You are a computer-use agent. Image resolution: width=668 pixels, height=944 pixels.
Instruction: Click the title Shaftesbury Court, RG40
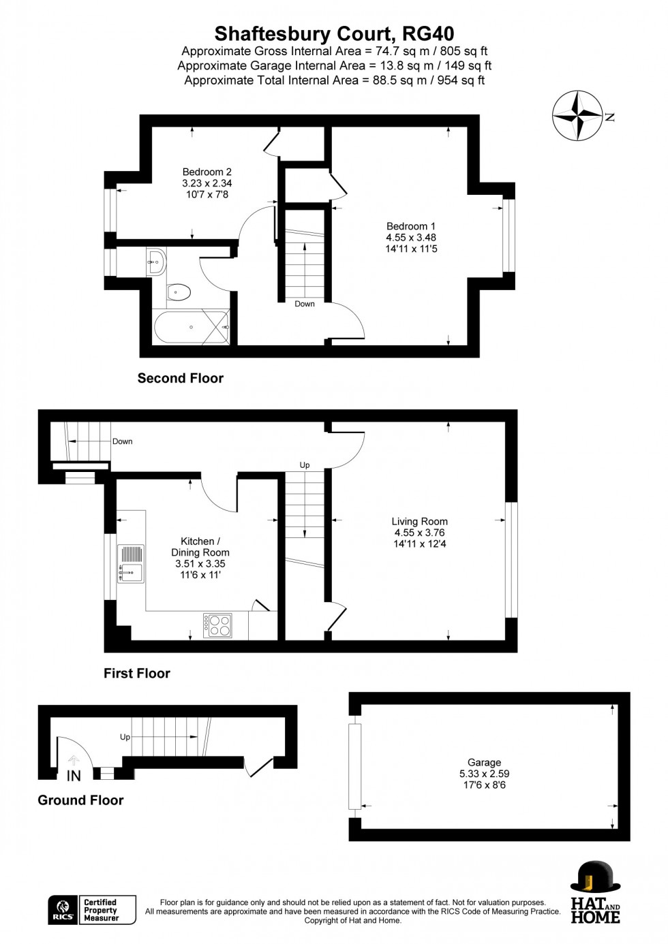click(334, 33)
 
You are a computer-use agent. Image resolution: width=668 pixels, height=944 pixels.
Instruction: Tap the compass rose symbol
click(577, 116)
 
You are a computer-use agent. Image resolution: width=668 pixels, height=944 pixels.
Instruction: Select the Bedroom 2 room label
click(207, 183)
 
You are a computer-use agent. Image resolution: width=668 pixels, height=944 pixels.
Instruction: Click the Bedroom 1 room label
click(410, 237)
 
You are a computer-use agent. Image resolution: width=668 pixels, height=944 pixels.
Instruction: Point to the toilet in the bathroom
click(178, 292)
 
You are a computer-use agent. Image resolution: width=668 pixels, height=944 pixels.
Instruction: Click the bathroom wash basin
click(157, 261)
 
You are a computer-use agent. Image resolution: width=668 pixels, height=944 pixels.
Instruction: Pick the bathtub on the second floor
click(192, 328)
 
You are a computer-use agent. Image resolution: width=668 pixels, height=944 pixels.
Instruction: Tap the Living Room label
click(419, 533)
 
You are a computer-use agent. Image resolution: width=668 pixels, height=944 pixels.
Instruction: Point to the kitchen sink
click(130, 564)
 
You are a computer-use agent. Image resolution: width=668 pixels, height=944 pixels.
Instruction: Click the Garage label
click(484, 773)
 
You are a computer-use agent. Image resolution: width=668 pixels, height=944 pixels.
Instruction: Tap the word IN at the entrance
click(74, 776)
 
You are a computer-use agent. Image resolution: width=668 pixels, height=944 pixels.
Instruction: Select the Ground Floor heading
click(80, 800)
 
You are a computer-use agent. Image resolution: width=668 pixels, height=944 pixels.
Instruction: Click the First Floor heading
click(136, 673)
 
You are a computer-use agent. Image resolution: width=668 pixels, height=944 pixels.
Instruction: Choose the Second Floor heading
click(180, 378)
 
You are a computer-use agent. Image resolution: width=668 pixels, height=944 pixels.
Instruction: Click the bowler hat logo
click(595, 879)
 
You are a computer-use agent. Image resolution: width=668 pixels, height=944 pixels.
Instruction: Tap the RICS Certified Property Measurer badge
click(91, 910)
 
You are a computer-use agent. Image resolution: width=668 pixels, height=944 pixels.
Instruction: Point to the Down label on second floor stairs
click(305, 304)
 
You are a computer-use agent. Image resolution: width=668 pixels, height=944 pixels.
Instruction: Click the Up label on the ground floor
click(125, 737)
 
